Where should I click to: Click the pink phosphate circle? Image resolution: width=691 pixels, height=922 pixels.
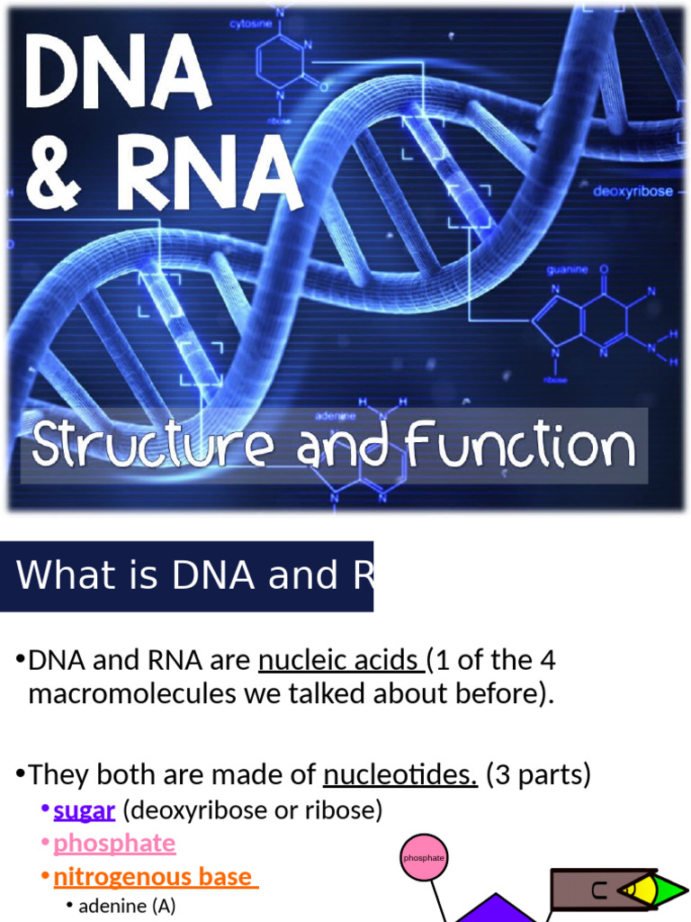pyautogui.click(x=424, y=857)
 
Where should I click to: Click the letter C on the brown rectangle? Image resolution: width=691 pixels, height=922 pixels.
pyautogui.click(x=598, y=891)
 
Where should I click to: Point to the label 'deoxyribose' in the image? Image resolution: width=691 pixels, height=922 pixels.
pyautogui.click(x=633, y=192)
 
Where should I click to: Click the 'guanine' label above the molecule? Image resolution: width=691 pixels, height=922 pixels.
pyautogui.click(x=568, y=269)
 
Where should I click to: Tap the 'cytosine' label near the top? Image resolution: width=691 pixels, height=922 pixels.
pyautogui.click(x=251, y=24)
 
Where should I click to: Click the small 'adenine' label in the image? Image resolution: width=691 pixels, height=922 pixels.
pyautogui.click(x=336, y=416)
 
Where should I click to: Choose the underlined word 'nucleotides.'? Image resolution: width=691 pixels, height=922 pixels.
pyautogui.click(x=399, y=774)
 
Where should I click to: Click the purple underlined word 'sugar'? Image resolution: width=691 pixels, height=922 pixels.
pyautogui.click(x=84, y=810)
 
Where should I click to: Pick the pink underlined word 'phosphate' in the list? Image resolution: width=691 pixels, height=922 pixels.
pyautogui.click(x=114, y=843)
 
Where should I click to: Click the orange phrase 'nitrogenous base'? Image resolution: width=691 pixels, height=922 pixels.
pyautogui.click(x=155, y=876)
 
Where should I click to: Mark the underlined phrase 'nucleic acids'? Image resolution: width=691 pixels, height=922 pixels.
pyautogui.click(x=340, y=661)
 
